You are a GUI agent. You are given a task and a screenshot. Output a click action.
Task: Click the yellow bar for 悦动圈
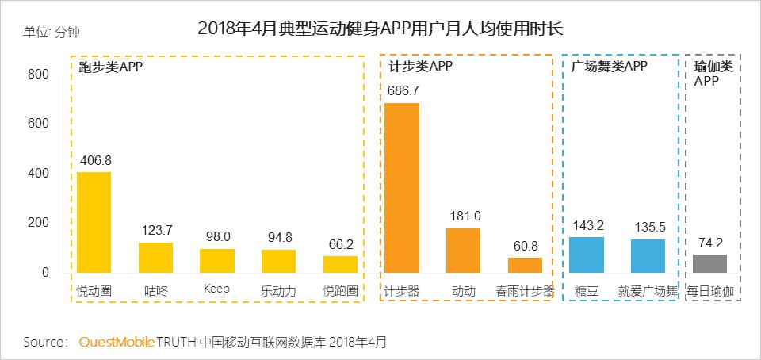[x=94, y=222]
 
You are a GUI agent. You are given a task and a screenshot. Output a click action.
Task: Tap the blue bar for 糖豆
[x=587, y=255]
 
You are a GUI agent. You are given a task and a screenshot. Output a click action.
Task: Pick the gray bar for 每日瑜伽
[x=709, y=263]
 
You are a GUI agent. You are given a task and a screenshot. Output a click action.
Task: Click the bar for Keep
[x=216, y=261]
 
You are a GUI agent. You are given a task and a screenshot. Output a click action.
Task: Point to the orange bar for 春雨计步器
[x=525, y=265]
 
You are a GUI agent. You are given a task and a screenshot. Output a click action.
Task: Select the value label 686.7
[x=403, y=91]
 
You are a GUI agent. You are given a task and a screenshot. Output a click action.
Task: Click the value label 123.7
[x=155, y=231]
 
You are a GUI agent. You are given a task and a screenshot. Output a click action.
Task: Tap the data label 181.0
[x=464, y=216]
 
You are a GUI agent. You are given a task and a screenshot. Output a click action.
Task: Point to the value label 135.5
[x=648, y=227]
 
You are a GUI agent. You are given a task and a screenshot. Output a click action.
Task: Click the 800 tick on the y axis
[x=39, y=75]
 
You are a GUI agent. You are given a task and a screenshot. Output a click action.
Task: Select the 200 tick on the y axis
[x=39, y=223]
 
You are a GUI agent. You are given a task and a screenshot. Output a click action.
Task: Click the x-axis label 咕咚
[x=155, y=291]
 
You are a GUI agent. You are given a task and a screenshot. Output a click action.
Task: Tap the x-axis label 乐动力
[x=278, y=291]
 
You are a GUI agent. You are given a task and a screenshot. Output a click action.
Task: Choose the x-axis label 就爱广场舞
[x=648, y=291]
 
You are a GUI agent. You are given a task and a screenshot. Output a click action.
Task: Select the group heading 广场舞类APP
[x=609, y=67]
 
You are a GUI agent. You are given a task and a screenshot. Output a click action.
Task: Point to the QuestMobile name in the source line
[x=116, y=343]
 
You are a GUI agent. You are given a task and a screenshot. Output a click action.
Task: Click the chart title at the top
[x=380, y=29]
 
